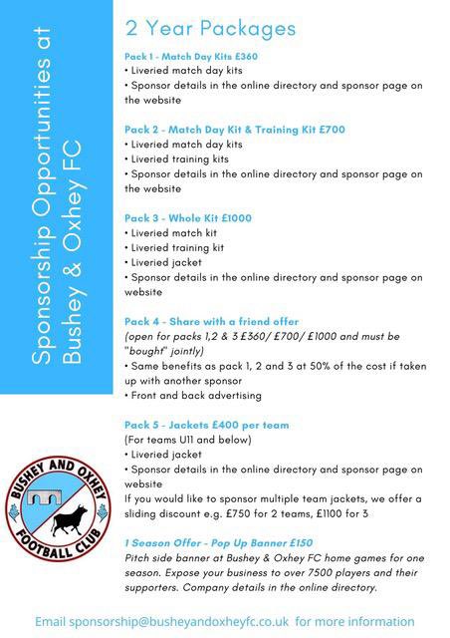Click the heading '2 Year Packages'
(211, 28)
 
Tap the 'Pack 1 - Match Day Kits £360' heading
(191, 56)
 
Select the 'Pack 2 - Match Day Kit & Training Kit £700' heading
(235, 130)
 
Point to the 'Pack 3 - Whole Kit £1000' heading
(188, 217)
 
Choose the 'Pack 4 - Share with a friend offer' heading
(212, 321)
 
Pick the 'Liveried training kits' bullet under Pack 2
(179, 159)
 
